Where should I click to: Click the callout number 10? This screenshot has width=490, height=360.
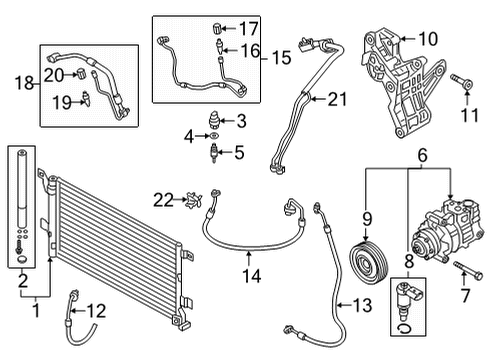(x=428, y=39)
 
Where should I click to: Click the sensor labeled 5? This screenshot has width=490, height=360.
(x=212, y=154)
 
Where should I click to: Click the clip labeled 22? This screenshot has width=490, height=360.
(x=188, y=201)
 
